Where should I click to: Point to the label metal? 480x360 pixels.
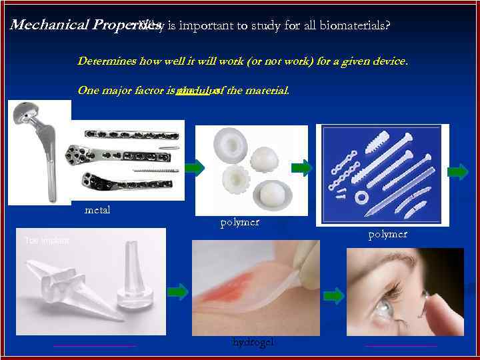(97, 210)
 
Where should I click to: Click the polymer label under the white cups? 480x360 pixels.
(239, 222)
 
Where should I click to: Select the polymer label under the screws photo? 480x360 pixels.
(387, 234)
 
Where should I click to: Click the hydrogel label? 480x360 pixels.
(253, 342)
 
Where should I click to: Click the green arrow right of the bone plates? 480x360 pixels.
(194, 168)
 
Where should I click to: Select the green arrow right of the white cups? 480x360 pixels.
(301, 168)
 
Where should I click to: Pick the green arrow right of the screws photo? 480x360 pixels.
(458, 172)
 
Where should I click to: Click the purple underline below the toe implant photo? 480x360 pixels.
(94, 345)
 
